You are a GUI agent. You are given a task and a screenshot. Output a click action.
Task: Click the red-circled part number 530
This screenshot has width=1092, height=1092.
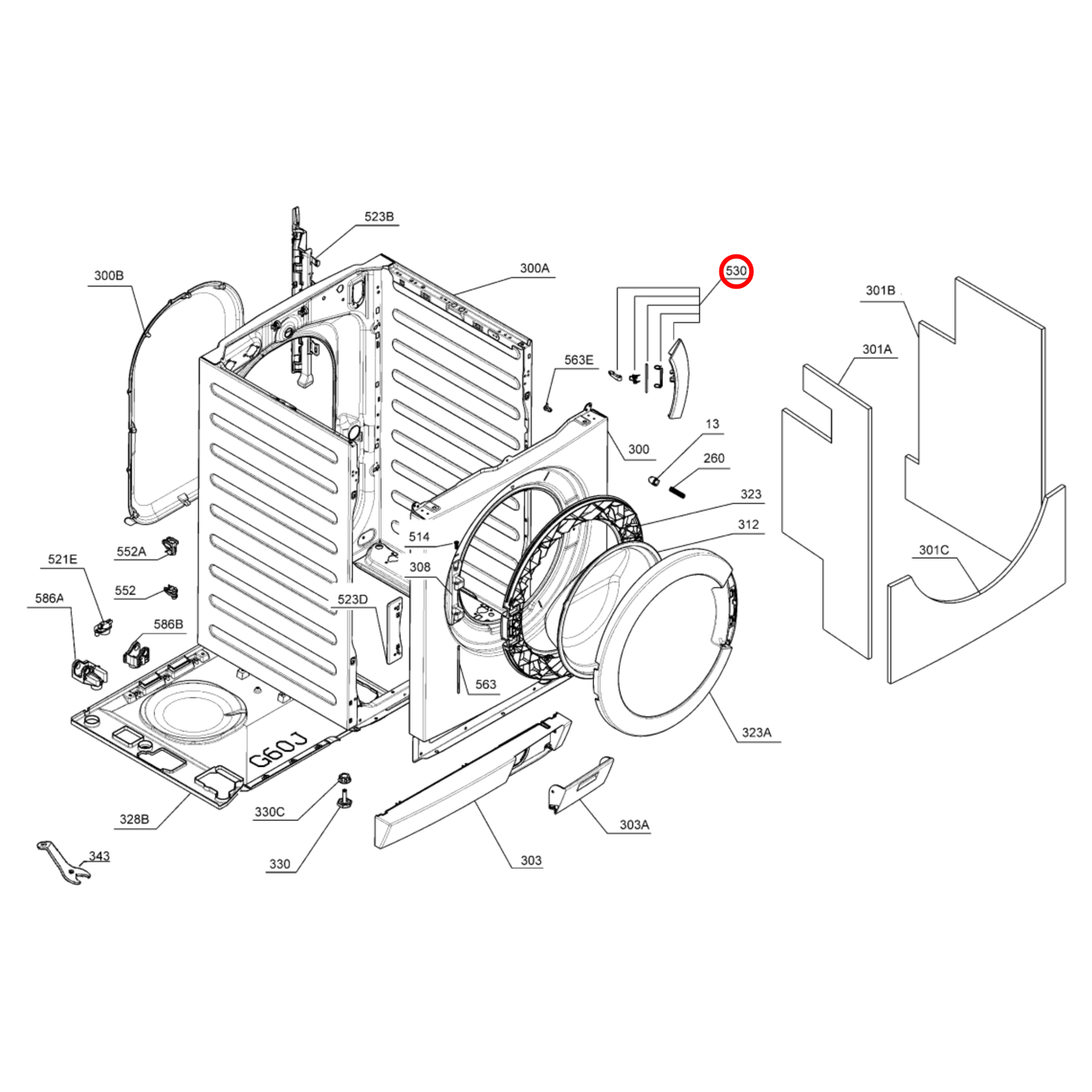[735, 271]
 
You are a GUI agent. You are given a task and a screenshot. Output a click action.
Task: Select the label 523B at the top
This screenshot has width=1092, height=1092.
[379, 217]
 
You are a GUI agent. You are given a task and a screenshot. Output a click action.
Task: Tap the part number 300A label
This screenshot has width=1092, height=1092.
[534, 268]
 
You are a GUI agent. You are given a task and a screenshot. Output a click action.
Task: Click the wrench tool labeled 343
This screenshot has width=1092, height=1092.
[63, 863]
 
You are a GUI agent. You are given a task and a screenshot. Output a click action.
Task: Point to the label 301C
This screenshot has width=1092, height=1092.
[933, 550]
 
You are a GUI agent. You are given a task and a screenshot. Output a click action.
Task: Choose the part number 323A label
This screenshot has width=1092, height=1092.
[756, 732]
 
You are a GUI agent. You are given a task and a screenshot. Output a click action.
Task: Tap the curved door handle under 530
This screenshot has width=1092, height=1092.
[677, 378]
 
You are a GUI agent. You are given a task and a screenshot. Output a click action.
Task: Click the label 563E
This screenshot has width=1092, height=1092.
[579, 360]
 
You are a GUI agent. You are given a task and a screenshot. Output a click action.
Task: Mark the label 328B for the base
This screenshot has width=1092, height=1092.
[134, 819]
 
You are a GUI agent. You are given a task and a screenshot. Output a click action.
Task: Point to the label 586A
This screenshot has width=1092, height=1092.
[49, 599]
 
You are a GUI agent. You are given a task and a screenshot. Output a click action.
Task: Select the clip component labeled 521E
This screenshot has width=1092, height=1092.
[103, 626]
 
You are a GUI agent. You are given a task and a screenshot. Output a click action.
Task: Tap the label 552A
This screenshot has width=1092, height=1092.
[131, 552]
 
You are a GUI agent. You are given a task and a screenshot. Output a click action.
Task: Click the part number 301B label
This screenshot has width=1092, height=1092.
[880, 290]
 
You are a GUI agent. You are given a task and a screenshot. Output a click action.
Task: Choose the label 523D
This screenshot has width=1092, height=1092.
[352, 599]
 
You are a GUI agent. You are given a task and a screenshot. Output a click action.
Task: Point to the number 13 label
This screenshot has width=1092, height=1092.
[712, 424]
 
